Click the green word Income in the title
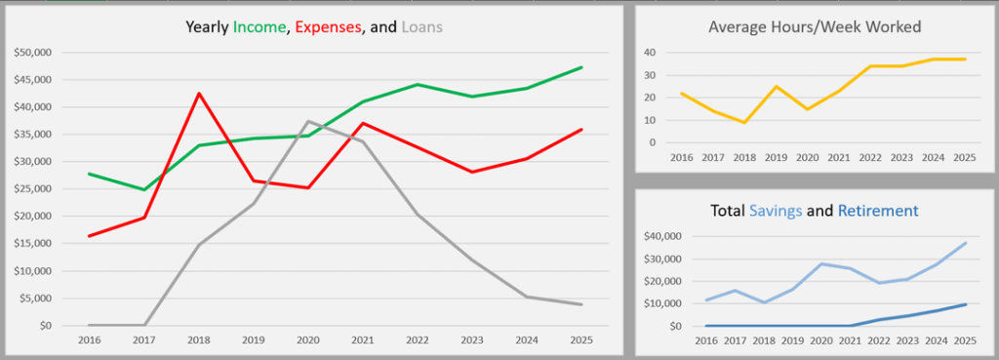tap(260, 27)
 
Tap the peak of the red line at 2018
tap(199, 94)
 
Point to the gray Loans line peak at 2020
tap(308, 122)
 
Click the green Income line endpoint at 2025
tap(581, 67)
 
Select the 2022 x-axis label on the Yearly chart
tap(418, 340)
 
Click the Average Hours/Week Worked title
tap(815, 26)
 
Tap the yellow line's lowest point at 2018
tap(744, 122)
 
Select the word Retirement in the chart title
tap(880, 211)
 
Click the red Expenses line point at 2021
tap(363, 123)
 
